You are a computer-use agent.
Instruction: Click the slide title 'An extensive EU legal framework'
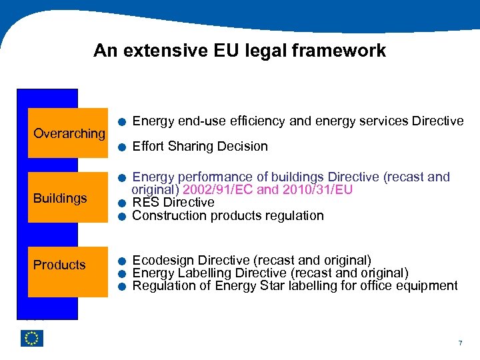pyautogui.click(x=239, y=51)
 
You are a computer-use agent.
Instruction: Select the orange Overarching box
pyautogui.click(x=68, y=133)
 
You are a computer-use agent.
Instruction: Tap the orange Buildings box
pyautogui.click(x=68, y=198)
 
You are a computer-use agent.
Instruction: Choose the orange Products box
pyautogui.click(x=68, y=265)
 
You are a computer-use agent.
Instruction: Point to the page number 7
pyautogui.click(x=460, y=343)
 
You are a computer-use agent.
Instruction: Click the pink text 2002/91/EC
pyautogui.click(x=218, y=190)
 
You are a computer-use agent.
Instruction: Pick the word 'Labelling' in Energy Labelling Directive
pyautogui.click(x=204, y=273)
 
